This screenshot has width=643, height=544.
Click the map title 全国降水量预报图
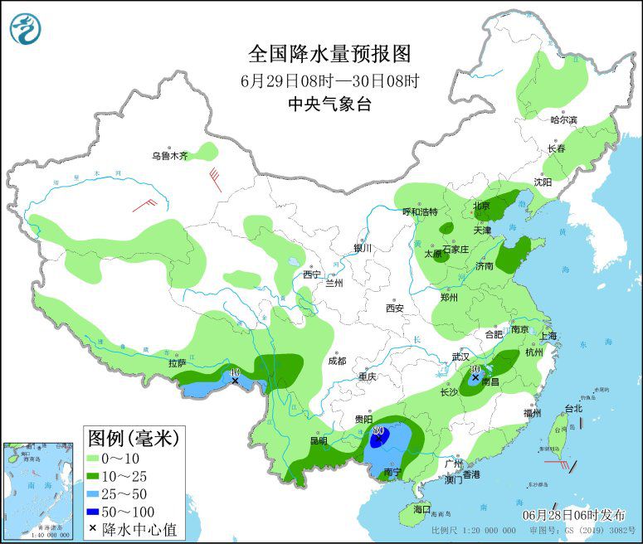click(329, 54)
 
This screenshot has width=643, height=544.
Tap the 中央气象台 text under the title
click(329, 104)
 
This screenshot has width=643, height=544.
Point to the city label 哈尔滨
click(563, 120)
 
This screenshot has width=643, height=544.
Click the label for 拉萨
click(177, 362)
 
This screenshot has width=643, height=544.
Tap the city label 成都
click(336, 361)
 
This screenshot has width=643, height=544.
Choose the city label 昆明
click(319, 440)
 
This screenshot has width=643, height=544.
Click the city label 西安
click(394, 308)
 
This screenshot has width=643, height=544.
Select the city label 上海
click(548, 336)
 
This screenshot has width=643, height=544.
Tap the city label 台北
click(573, 408)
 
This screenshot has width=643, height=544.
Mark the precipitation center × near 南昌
click(475, 377)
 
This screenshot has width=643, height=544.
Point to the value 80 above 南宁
click(378, 431)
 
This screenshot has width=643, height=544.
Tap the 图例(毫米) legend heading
click(133, 437)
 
